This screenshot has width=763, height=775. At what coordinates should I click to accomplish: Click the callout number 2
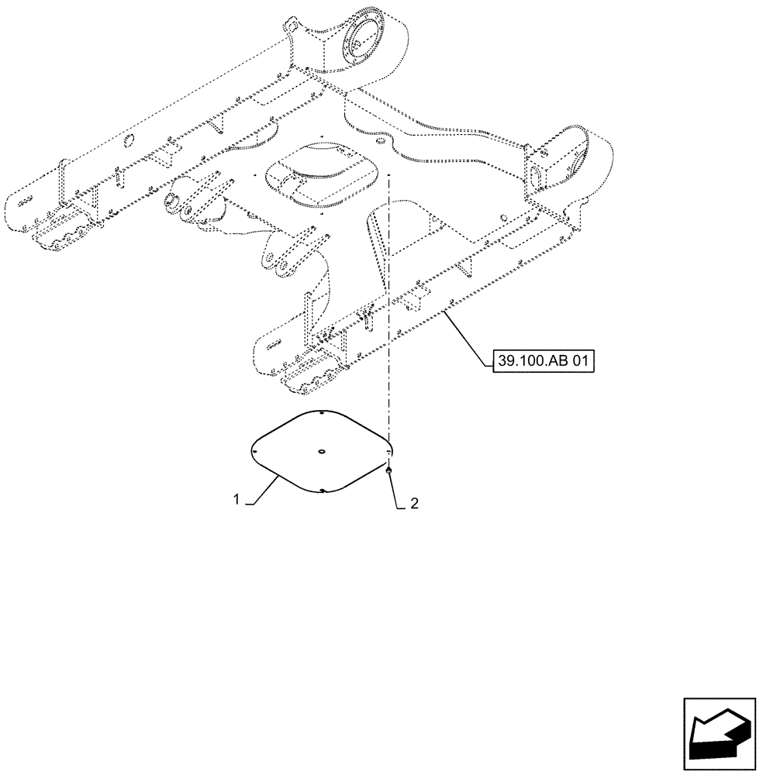click(x=414, y=504)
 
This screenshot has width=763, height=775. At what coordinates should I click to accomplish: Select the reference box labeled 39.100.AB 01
click(x=542, y=360)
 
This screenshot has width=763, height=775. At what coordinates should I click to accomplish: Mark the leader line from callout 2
click(x=395, y=488)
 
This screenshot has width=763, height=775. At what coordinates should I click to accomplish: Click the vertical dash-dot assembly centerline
click(x=389, y=310)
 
